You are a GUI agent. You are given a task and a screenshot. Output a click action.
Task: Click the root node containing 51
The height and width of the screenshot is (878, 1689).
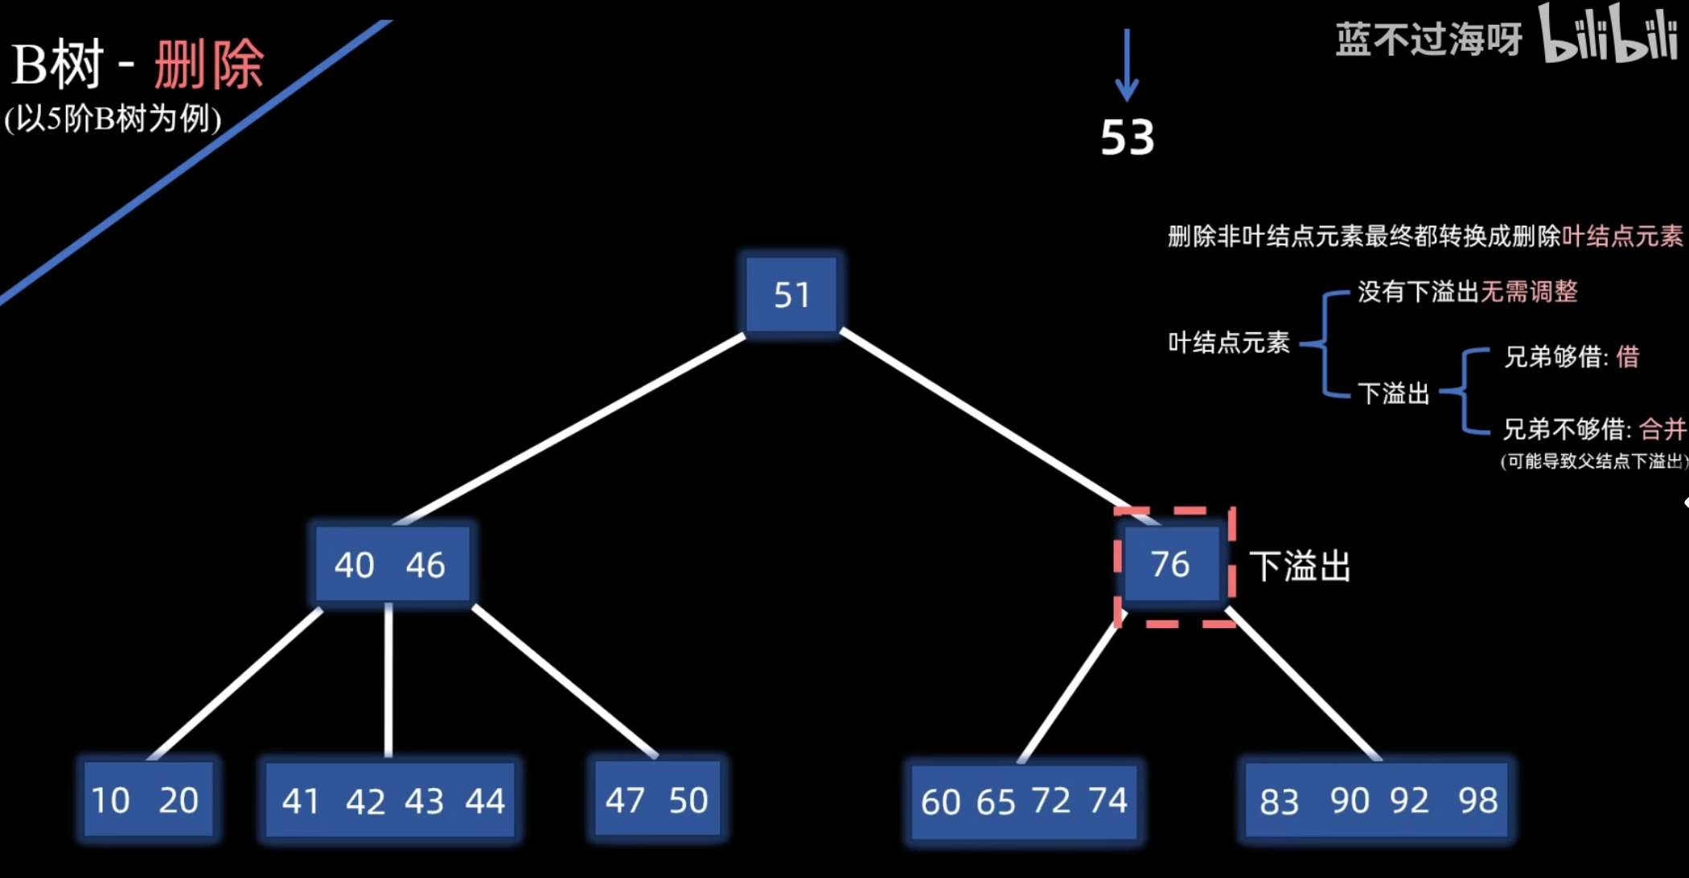point(791,295)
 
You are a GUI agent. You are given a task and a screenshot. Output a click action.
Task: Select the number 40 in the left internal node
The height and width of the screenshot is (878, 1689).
point(354,565)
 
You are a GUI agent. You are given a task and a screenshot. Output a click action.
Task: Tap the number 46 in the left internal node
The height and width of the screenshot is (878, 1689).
point(425,565)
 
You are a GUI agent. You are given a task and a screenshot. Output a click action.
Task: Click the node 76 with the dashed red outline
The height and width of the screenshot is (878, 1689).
point(1170,564)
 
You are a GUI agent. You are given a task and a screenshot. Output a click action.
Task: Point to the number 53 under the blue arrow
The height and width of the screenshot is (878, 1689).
point(1127,137)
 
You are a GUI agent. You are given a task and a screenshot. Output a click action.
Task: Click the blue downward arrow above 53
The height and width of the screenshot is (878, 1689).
point(1127,64)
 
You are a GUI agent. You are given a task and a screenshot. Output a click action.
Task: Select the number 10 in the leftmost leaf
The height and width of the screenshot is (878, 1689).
point(110,801)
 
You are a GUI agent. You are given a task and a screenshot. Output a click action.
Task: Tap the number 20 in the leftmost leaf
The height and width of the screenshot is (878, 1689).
point(179,801)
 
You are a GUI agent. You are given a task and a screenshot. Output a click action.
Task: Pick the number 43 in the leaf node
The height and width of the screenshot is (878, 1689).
point(424,802)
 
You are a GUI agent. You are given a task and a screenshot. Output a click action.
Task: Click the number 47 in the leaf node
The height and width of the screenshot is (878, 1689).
point(625,801)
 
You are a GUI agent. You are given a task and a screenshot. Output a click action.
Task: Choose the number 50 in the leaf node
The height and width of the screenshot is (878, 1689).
point(688,801)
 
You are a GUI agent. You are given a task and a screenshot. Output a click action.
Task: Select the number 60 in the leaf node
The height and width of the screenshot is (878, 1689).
point(940,802)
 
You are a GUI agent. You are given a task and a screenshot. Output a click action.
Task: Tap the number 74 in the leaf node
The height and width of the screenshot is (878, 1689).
point(1108,801)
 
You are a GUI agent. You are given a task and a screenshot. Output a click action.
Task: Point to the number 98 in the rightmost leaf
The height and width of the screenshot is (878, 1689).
point(1477,801)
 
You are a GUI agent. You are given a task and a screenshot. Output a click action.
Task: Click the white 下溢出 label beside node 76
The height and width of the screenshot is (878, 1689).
point(1300,566)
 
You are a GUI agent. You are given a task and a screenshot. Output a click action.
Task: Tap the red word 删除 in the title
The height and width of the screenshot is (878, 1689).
point(209,64)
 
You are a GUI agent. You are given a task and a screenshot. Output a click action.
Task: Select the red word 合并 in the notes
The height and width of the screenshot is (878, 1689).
point(1662,429)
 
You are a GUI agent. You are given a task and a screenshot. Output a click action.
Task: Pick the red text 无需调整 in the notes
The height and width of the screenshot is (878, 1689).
point(1529,292)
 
